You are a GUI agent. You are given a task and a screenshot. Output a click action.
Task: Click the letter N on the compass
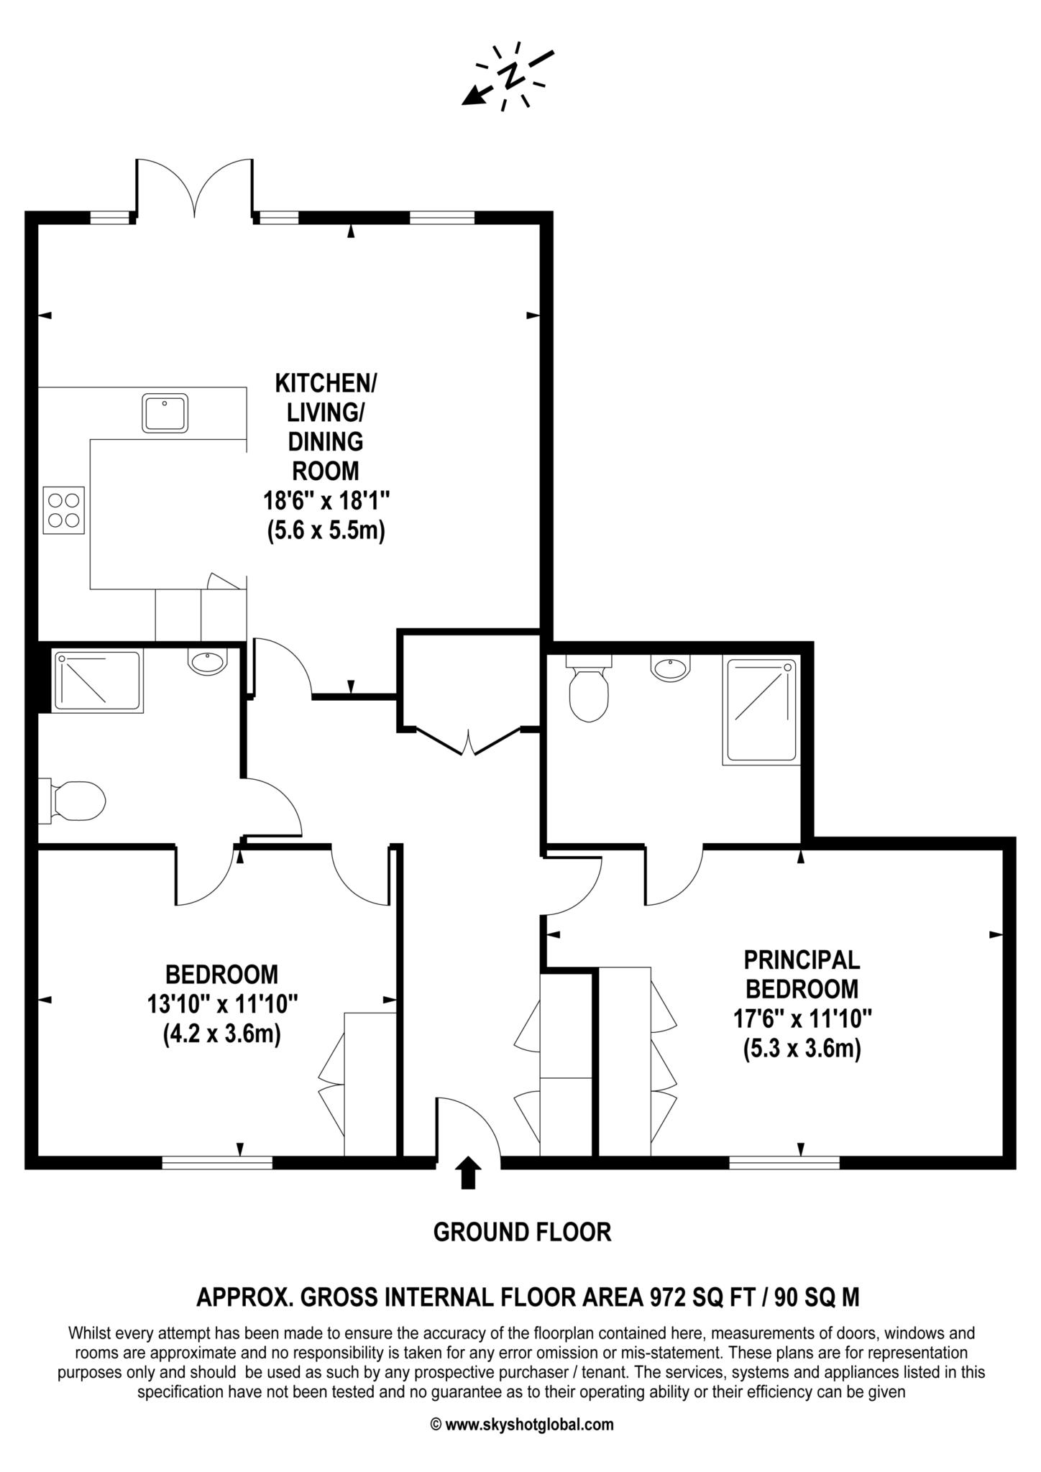pyautogui.click(x=512, y=74)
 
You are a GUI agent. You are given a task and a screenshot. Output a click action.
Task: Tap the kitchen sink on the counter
pyautogui.click(x=165, y=412)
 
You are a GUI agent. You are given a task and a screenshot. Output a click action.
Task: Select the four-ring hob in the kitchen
pyautogui.click(x=64, y=510)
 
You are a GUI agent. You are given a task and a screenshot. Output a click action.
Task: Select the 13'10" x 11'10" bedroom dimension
pyautogui.click(x=222, y=1004)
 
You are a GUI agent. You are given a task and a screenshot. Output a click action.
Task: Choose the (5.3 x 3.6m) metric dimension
pyautogui.click(x=802, y=1049)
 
